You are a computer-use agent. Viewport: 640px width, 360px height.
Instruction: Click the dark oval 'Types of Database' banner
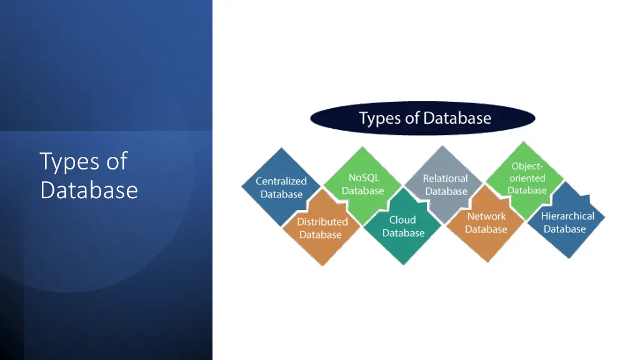[x=423, y=118]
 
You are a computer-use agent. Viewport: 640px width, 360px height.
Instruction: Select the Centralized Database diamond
[x=281, y=187]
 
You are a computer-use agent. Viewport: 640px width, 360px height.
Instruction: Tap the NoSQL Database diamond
[x=363, y=184]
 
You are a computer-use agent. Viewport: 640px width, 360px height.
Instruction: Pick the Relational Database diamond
[x=445, y=184]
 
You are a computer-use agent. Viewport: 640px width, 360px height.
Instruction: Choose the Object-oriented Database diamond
[x=526, y=178]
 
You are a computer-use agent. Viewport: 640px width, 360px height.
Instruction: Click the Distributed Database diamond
[x=321, y=229]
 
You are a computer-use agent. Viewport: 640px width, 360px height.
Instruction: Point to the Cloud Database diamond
[x=403, y=227]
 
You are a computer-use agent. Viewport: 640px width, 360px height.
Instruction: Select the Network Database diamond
[x=486, y=223]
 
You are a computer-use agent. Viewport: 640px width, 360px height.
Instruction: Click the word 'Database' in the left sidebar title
[x=89, y=189]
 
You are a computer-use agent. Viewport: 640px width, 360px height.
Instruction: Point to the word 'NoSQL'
[x=364, y=177]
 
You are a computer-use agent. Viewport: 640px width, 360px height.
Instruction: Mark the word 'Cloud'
[x=402, y=220]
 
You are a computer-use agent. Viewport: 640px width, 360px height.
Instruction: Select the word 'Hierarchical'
[x=567, y=216]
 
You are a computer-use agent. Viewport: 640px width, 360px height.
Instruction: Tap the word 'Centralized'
[x=281, y=181]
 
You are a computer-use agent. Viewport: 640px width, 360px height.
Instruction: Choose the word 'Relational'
[x=445, y=179]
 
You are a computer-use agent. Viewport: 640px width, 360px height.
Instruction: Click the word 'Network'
[x=487, y=216]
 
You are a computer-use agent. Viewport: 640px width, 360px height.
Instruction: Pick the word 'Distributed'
[x=322, y=222]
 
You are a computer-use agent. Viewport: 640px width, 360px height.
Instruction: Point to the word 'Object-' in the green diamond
[x=527, y=166]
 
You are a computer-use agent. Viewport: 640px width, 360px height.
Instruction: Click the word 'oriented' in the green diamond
[x=527, y=178]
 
